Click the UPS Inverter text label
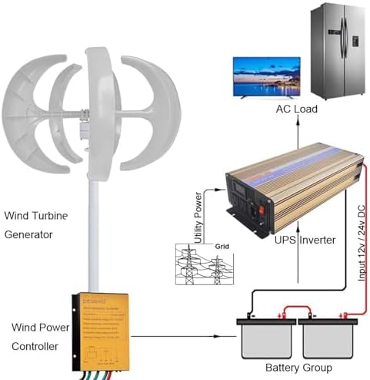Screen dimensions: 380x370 [305, 240]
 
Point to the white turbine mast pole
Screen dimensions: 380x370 [98, 231]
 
